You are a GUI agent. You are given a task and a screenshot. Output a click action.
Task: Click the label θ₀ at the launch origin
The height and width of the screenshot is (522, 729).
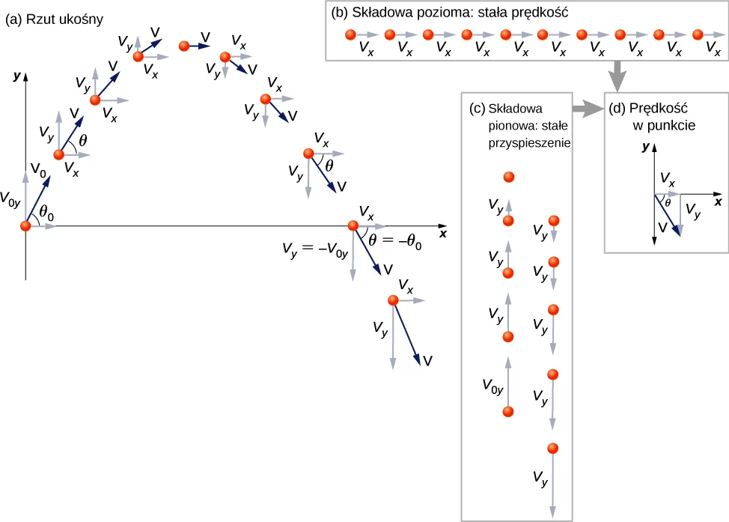pos(46,213)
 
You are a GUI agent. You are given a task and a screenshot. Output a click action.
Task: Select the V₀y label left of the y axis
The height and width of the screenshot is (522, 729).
pos(10,199)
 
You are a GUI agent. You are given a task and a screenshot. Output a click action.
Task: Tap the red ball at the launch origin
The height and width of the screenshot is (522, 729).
pos(26,225)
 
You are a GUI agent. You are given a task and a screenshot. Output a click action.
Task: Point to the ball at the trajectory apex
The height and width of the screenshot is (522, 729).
pos(184,46)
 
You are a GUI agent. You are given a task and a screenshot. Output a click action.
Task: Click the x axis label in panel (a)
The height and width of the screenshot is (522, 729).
pos(443,234)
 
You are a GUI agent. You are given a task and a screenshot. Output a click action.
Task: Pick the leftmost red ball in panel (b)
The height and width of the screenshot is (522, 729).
pos(350,34)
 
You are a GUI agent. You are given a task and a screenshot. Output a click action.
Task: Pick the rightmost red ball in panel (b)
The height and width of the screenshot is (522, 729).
pos(698,34)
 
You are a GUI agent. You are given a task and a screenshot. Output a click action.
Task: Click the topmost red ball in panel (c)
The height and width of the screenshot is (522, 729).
pos(508,177)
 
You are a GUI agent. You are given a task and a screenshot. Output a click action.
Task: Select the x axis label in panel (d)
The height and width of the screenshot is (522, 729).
pos(717,201)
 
